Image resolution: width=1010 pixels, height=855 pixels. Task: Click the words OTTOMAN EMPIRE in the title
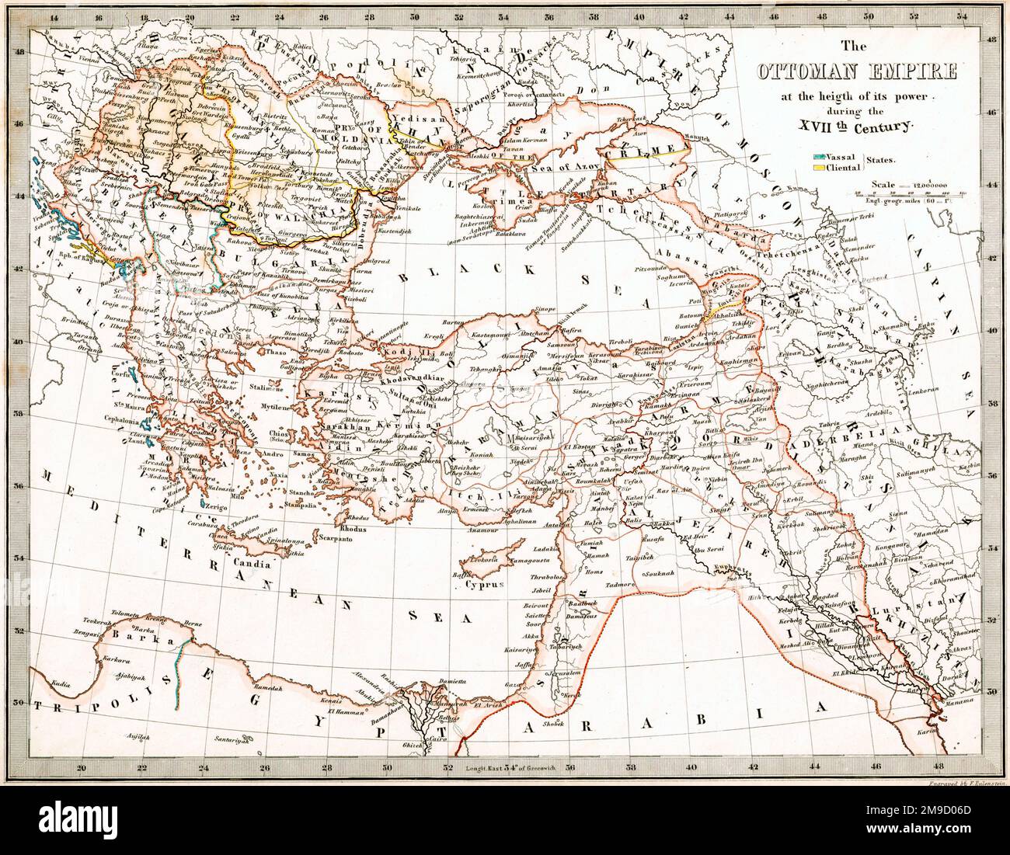tap(858, 75)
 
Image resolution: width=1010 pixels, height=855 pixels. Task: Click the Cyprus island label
tap(486, 586)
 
